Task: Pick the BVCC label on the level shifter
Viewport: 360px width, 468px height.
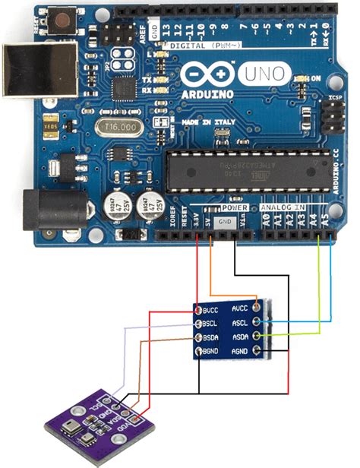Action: pyautogui.click(x=211, y=310)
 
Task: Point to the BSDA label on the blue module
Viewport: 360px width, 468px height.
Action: pyautogui.click(x=211, y=337)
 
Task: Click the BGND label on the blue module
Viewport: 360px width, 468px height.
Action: pyautogui.click(x=211, y=350)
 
